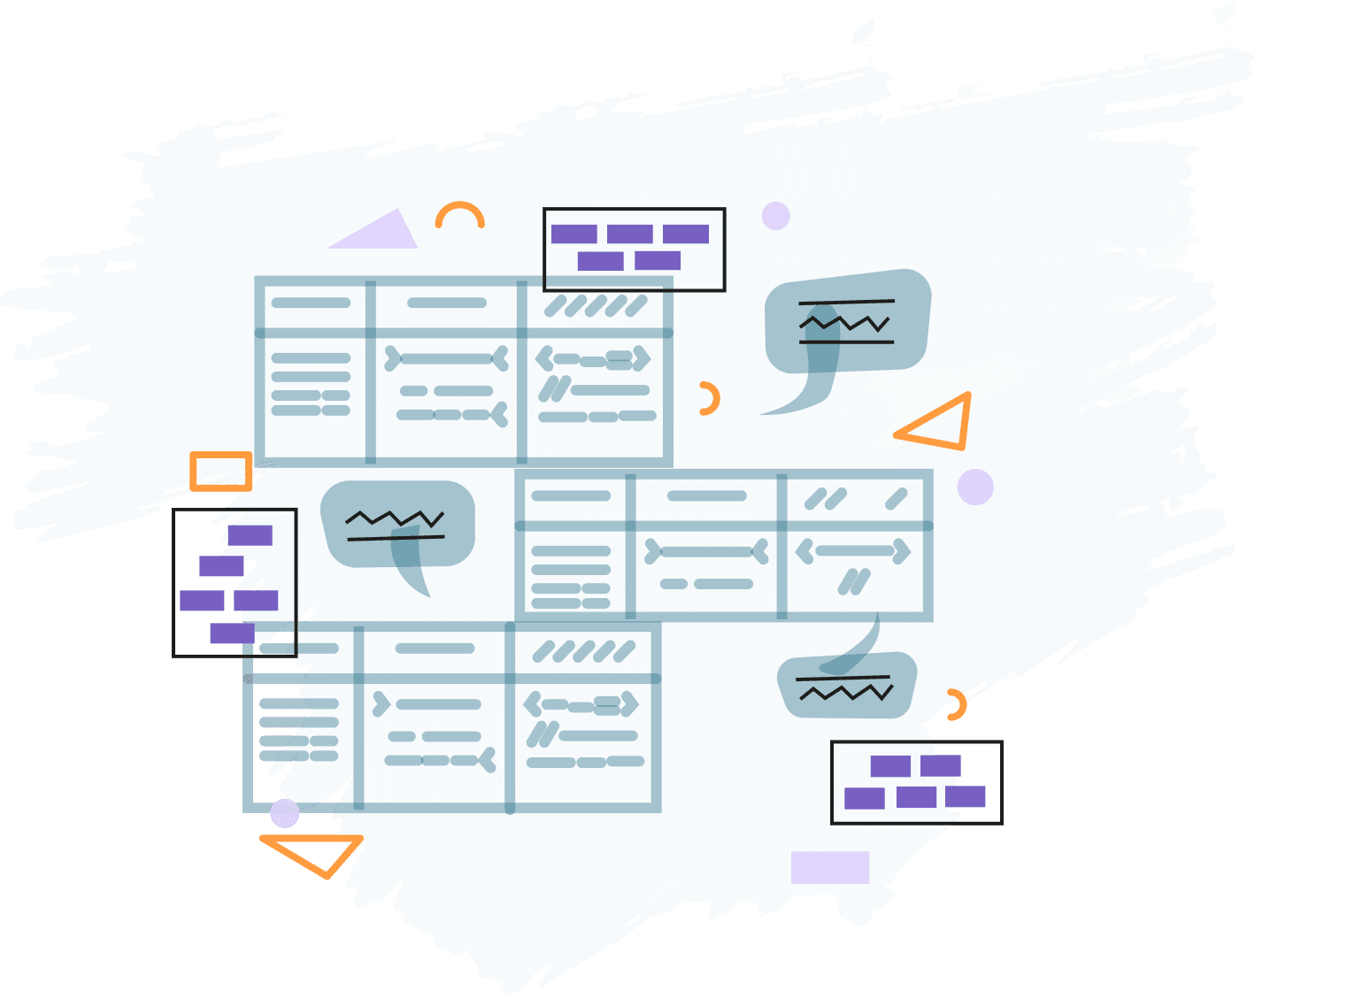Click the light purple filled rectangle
[x=829, y=867]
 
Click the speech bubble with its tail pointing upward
[x=846, y=686]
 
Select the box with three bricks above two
[x=634, y=249]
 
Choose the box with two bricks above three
[x=916, y=782]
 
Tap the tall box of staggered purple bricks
[x=235, y=582]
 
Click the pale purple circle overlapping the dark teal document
[x=285, y=813]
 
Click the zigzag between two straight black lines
[x=845, y=322]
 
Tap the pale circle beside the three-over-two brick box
[x=775, y=216]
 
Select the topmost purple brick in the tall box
[x=250, y=535]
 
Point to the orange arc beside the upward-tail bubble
[x=956, y=705]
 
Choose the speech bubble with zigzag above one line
[x=397, y=525]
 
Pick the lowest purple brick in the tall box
[x=232, y=633]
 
